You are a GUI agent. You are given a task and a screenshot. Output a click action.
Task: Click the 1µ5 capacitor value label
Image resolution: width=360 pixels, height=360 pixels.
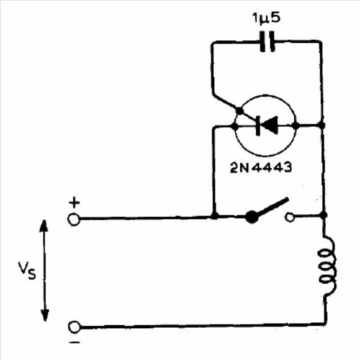[266, 18]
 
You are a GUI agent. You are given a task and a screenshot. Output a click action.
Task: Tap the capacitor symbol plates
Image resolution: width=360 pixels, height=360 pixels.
[267, 42]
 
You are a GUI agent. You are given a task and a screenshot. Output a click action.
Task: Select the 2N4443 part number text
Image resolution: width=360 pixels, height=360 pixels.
[261, 168]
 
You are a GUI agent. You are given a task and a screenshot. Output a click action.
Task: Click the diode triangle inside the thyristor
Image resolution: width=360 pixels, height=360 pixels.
[269, 125]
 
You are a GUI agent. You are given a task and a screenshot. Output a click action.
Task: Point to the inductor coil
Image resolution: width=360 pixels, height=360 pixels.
[328, 266]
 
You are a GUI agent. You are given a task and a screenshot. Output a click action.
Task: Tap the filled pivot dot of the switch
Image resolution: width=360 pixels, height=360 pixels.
[252, 217]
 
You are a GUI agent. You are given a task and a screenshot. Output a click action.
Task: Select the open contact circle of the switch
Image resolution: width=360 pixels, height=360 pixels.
[290, 217]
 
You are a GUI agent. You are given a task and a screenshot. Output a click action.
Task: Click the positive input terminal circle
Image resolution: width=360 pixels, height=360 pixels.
[74, 220]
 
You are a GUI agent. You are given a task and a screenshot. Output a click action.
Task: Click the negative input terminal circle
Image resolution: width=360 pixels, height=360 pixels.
[74, 327]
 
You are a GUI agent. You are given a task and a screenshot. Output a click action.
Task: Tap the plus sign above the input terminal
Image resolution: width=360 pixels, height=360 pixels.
[74, 203]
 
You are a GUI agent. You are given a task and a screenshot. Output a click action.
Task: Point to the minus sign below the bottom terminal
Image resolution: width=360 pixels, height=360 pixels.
[74, 343]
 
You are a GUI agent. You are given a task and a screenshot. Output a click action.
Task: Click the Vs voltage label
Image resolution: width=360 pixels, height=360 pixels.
[27, 271]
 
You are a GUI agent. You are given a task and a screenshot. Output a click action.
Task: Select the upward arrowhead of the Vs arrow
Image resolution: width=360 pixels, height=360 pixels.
[43, 226]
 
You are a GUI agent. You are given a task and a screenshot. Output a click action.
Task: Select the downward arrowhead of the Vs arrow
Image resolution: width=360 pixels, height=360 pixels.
[45, 315]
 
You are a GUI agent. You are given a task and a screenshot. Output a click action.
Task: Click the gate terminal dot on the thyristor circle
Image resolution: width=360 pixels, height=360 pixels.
[239, 111]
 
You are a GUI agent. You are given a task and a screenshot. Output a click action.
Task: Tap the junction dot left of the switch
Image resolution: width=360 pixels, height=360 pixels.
[214, 215]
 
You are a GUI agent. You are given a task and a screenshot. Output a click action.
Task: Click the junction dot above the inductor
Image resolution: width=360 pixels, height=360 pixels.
[323, 215]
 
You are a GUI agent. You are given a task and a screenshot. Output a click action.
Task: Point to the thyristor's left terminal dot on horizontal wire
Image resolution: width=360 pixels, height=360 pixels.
[235, 126]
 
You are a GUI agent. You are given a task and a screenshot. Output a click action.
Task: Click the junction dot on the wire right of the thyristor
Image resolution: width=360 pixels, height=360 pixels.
[322, 125]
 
